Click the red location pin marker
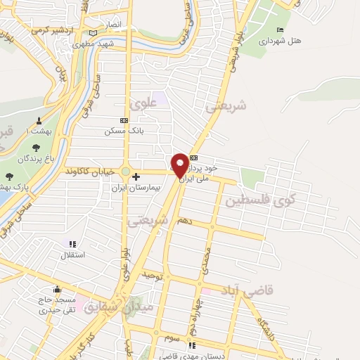180,165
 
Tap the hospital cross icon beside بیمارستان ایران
136,176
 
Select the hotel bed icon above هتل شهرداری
281,30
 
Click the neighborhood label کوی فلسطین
260,200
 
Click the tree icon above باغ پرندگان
35,148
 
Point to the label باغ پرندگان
36,160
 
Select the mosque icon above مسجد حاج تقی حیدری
56,289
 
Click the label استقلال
74,254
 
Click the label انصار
113,25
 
